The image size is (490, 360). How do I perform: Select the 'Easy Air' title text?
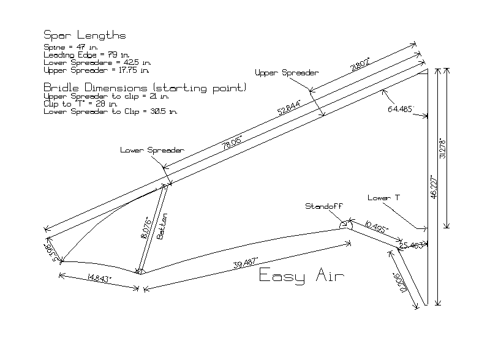[302, 276]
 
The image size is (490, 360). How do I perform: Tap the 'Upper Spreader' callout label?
[287, 72]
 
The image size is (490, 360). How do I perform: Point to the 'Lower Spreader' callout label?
[152, 150]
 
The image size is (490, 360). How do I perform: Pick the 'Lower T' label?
[384, 198]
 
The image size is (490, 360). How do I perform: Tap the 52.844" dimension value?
[290, 107]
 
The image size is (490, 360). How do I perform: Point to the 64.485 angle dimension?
[402, 109]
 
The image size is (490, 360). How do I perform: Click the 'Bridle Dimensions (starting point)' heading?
[145, 88]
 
